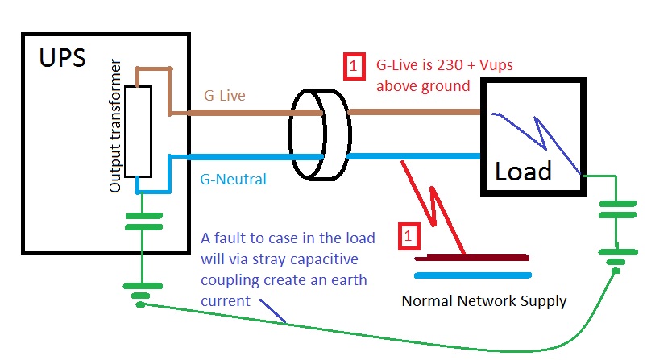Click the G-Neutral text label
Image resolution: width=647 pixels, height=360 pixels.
(233, 179)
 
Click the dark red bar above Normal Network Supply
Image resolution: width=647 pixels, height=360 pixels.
(472, 259)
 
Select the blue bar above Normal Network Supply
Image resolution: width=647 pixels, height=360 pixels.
(472, 275)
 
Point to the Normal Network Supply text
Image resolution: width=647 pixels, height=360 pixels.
(484, 301)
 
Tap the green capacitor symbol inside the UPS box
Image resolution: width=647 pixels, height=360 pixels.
(143, 221)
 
